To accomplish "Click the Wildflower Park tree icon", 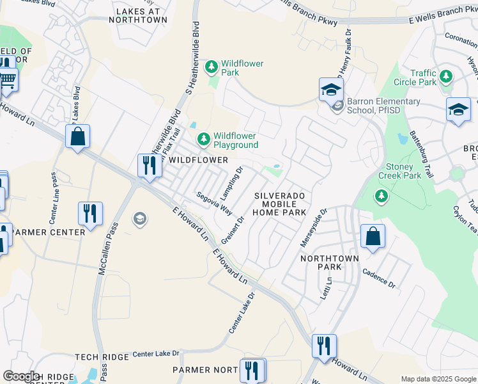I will coord(210,66).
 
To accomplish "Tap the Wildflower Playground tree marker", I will coord(203,138).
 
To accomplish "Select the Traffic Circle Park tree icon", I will coord(446,77).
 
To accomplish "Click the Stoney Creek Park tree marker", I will coord(382,195).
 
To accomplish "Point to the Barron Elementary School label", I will coord(383,106).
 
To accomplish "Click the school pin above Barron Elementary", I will coord(332,90).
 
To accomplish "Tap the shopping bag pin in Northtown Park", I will coord(373,237).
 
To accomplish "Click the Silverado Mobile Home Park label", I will coord(280,204).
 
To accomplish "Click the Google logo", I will coord(21,376).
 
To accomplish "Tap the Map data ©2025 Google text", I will coord(438,379).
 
